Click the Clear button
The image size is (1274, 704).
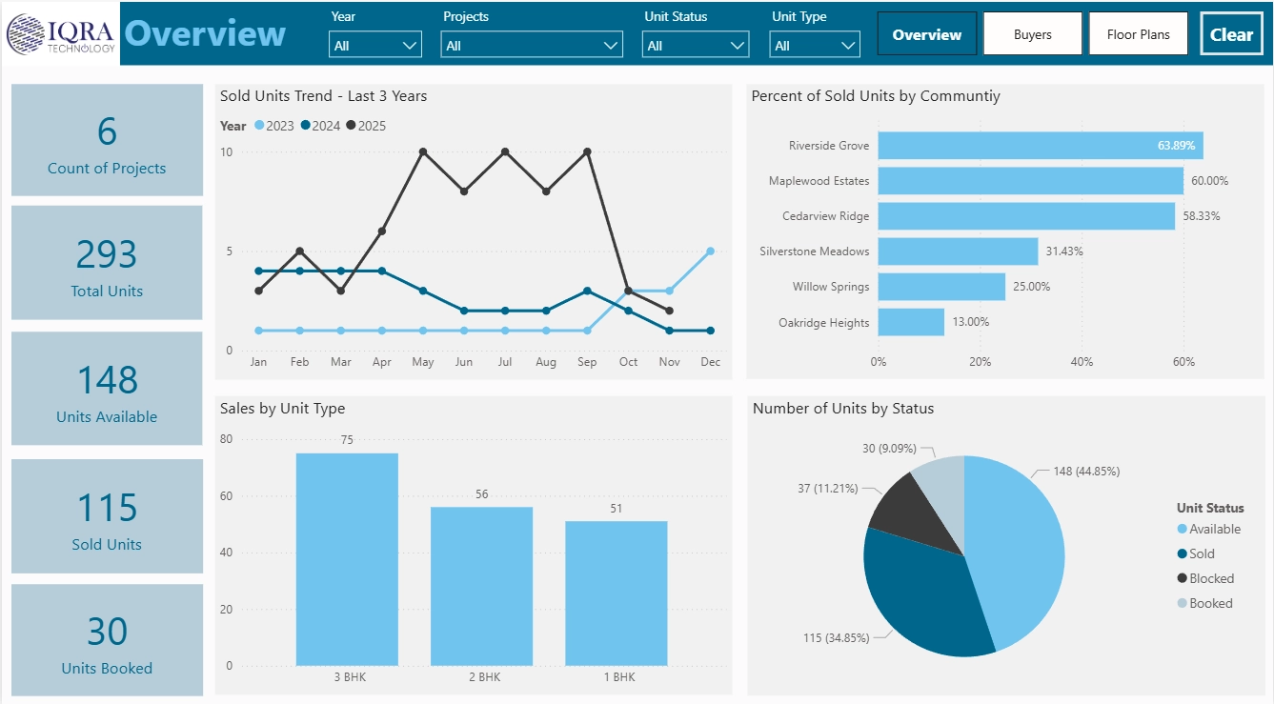pyautogui.click(x=1231, y=34)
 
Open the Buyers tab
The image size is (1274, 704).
pyautogui.click(x=1032, y=34)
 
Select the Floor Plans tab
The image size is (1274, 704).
pyautogui.click(x=1138, y=34)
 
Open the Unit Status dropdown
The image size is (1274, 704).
pyautogui.click(x=696, y=45)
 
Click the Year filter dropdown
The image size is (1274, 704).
pyautogui.click(x=375, y=45)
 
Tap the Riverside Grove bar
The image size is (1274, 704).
pyautogui.click(x=1040, y=146)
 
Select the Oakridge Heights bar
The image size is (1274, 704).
pyautogui.click(x=911, y=322)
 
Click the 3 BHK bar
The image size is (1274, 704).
pyautogui.click(x=347, y=559)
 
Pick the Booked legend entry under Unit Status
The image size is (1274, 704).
pyautogui.click(x=1209, y=603)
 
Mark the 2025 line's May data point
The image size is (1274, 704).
pyautogui.click(x=423, y=151)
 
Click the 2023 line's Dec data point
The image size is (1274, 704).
pyautogui.click(x=710, y=251)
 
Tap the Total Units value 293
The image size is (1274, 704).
pyautogui.click(x=107, y=254)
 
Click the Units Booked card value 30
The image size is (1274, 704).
pyautogui.click(x=107, y=632)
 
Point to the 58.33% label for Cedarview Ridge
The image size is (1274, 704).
pyautogui.click(x=1202, y=216)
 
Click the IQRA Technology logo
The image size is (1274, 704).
pyautogui.click(x=61, y=34)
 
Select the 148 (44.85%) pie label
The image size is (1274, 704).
pyautogui.click(x=1085, y=471)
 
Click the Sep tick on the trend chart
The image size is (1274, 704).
pyautogui.click(x=587, y=362)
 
